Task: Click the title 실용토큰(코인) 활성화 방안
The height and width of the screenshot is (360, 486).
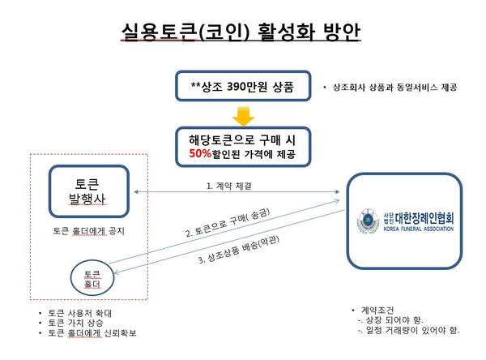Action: [x=241, y=32]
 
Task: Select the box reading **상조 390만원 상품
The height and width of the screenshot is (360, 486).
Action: [x=243, y=86]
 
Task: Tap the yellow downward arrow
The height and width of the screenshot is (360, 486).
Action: [x=244, y=117]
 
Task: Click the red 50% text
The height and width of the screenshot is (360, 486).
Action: [x=200, y=153]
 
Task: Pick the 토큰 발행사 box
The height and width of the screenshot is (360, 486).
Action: [x=89, y=191]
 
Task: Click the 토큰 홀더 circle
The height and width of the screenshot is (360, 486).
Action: [x=92, y=278]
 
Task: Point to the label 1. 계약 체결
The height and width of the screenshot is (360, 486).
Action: [x=229, y=186]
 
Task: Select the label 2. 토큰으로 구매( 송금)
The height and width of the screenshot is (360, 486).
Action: [x=228, y=222]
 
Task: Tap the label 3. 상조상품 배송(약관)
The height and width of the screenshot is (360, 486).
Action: [x=239, y=249]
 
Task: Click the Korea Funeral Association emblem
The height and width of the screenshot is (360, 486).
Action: [x=368, y=221]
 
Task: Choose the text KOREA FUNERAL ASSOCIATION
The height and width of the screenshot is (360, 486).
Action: [x=419, y=229]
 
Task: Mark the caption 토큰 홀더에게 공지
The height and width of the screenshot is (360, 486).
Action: [x=88, y=231]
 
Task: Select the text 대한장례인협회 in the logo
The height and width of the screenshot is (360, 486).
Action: [x=424, y=218]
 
